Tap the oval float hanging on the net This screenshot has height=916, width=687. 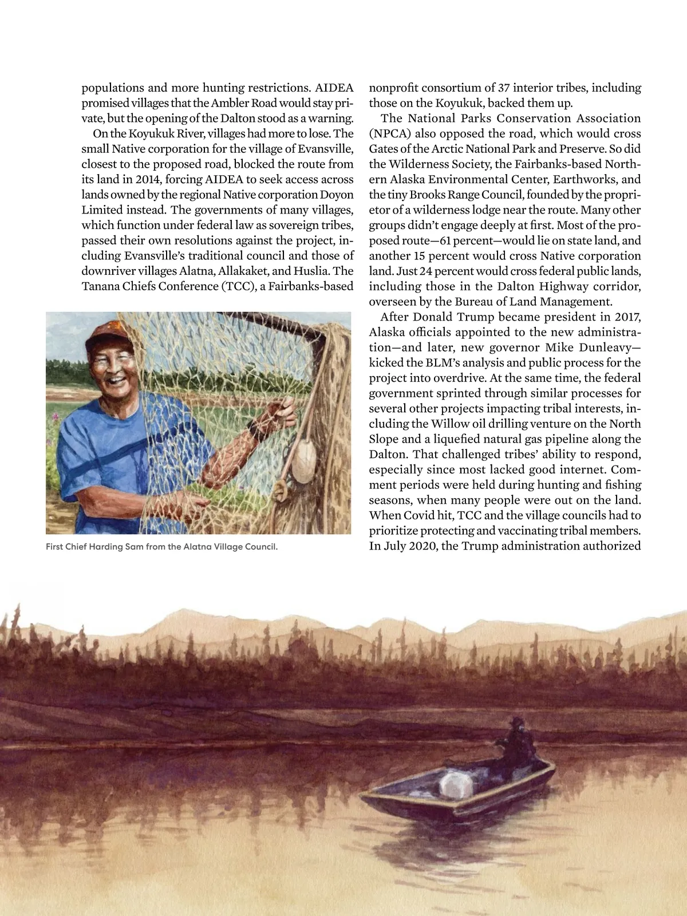click(x=303, y=462)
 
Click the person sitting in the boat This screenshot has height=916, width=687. click(x=516, y=741)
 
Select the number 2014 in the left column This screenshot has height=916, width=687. click(x=148, y=179)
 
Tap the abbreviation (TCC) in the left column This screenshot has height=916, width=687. click(x=238, y=286)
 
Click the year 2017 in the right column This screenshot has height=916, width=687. click(x=627, y=317)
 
